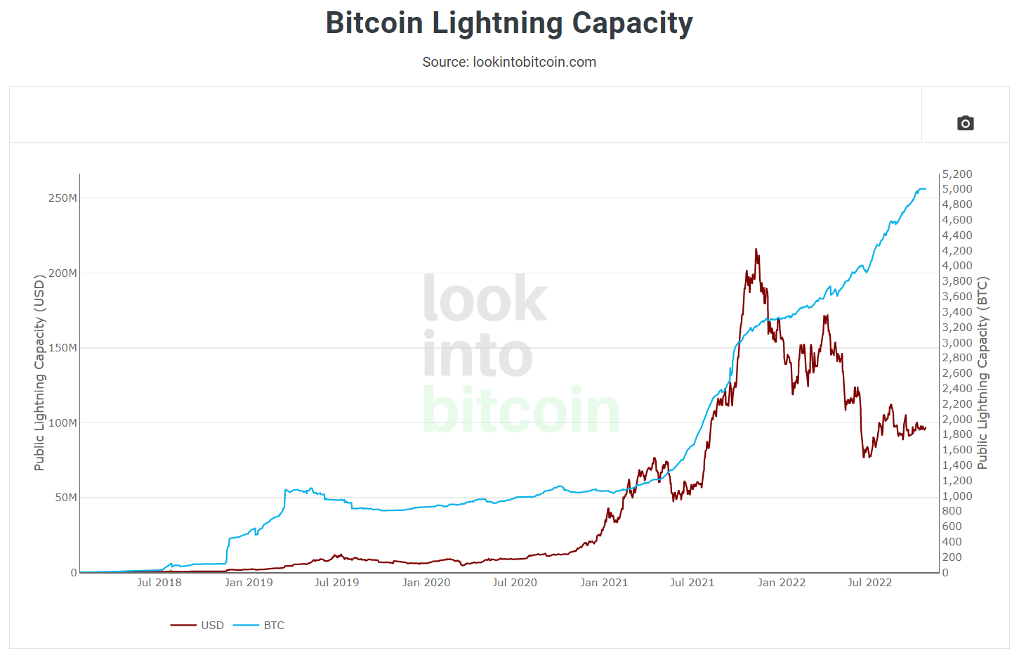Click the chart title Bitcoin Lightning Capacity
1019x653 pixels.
(x=509, y=23)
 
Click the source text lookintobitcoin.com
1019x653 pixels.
(x=509, y=62)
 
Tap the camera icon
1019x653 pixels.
(x=965, y=123)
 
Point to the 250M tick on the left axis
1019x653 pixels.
(x=63, y=198)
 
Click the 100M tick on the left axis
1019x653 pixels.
(x=63, y=423)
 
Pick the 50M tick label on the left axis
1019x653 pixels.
(x=65, y=498)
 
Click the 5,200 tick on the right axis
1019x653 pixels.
(x=957, y=174)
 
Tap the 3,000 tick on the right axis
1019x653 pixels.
(x=957, y=343)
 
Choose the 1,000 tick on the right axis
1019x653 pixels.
(x=957, y=496)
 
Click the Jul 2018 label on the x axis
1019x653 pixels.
(x=159, y=583)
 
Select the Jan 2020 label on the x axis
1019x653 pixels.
(x=426, y=583)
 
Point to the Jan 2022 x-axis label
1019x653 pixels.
(x=781, y=583)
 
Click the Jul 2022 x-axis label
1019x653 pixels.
(x=869, y=583)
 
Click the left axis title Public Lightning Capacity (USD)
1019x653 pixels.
(x=39, y=373)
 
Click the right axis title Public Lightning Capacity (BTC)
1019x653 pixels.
(x=982, y=373)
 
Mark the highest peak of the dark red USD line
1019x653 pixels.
(x=756, y=249)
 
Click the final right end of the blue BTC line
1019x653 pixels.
(x=926, y=188)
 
